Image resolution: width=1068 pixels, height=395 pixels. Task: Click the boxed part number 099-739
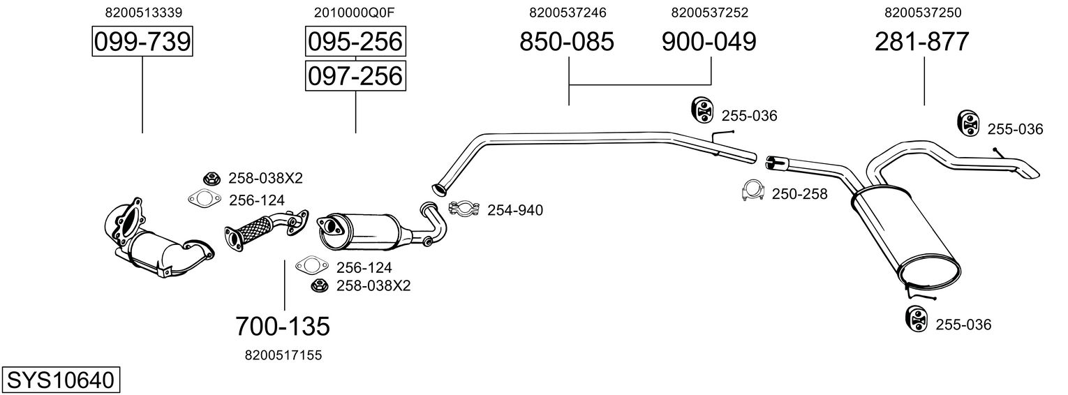coord(142,42)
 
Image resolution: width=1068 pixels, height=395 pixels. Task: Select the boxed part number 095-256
coord(355,42)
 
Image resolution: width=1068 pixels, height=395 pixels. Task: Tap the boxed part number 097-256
coord(355,75)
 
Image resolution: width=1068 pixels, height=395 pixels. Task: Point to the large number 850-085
coord(567,42)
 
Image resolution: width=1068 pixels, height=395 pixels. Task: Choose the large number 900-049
coord(709,42)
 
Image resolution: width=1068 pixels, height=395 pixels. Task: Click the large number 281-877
coord(922,42)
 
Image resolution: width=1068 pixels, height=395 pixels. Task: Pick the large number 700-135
coord(282,325)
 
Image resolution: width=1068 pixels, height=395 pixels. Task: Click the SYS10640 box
coord(60,380)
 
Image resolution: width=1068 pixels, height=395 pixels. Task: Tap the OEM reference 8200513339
coord(142,13)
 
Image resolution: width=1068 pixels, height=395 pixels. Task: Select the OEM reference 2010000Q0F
coord(355,13)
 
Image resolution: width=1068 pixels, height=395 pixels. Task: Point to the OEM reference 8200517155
coord(283,355)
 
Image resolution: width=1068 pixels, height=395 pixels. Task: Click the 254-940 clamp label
coord(514,210)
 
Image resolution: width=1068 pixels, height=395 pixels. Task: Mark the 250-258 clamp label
coord(799,194)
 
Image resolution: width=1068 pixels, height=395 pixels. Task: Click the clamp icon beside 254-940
coord(462,208)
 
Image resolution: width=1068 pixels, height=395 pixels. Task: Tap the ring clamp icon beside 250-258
coord(752,190)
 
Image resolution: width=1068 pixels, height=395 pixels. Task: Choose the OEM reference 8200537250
coord(922,13)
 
